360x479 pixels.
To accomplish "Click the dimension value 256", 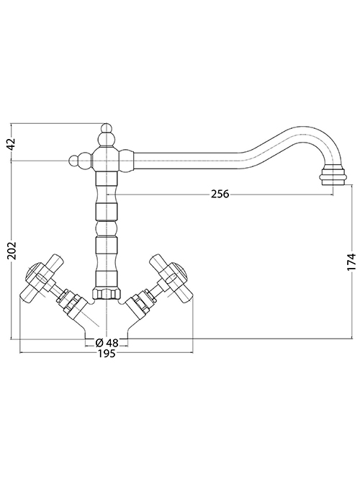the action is [x=220, y=194].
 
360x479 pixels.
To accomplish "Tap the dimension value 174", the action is [x=352, y=261].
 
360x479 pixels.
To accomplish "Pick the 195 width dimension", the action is [x=107, y=354].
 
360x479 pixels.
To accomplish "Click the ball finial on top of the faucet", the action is [x=107, y=127].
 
